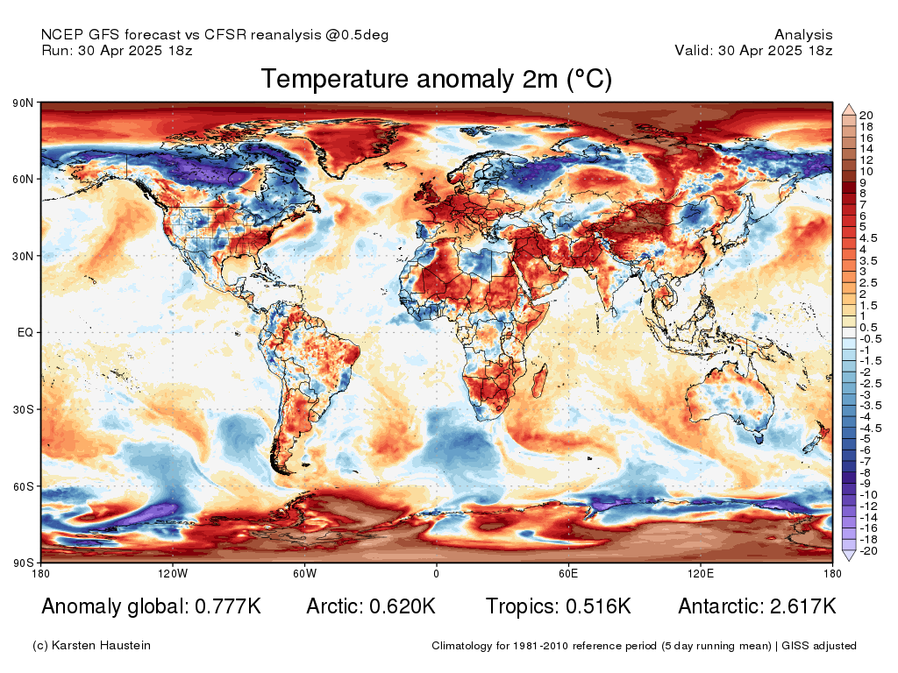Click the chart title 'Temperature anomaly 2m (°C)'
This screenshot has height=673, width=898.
[x=437, y=78]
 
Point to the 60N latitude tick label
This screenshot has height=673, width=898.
[x=23, y=179]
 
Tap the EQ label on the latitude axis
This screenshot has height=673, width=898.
[x=25, y=332]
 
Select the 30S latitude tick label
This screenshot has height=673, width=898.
[x=23, y=410]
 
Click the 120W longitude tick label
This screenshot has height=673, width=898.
[x=173, y=573]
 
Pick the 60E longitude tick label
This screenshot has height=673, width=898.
[x=568, y=573]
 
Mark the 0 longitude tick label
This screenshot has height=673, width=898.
[x=437, y=573]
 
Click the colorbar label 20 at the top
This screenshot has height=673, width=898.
[x=866, y=115]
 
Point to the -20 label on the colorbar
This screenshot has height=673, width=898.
[x=869, y=551]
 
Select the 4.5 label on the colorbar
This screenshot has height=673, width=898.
[x=868, y=238]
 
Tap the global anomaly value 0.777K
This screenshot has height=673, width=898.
[x=228, y=606]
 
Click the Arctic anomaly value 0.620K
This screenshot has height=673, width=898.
[x=403, y=606]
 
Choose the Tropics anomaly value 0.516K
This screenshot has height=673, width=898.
[x=598, y=606]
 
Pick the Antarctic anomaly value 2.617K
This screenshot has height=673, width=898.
[x=803, y=606]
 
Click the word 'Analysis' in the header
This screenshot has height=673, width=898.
[x=803, y=35]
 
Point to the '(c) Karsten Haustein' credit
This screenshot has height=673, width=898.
[x=91, y=646]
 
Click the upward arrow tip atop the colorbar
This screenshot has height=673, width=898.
[x=849, y=105]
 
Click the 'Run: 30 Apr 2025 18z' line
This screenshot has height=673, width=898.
[x=117, y=50]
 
